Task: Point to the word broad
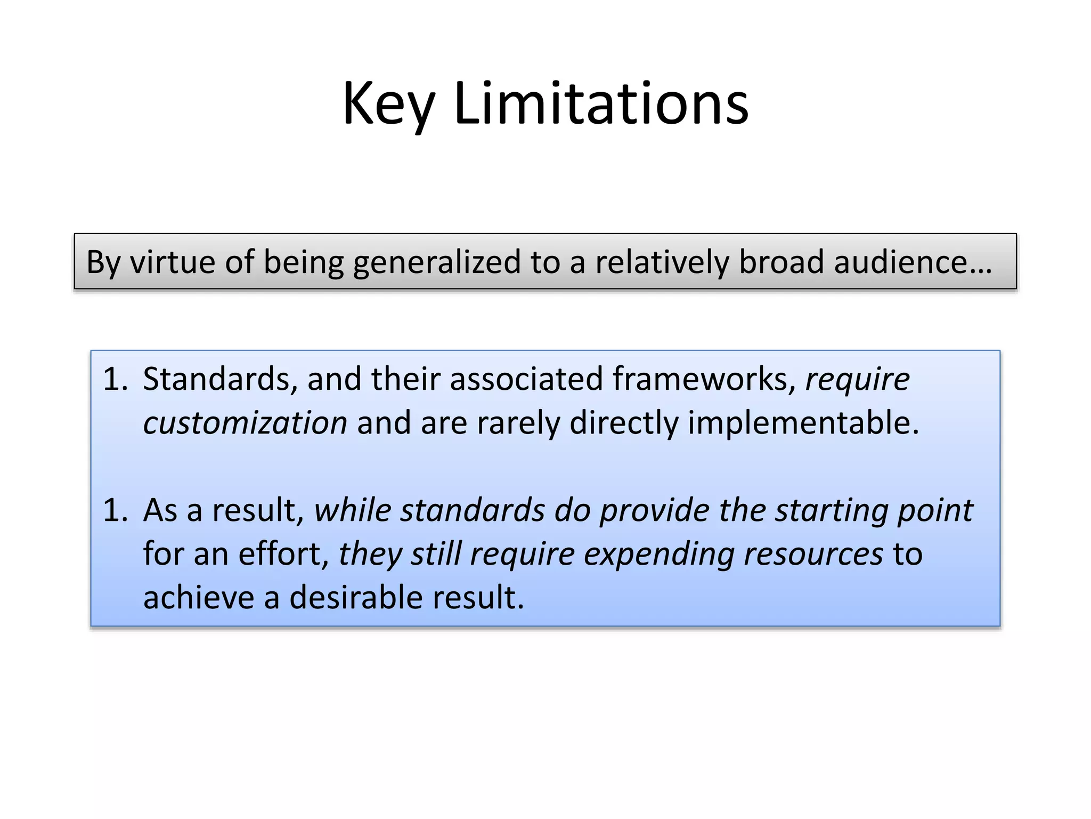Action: click(x=781, y=262)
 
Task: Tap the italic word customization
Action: click(x=246, y=423)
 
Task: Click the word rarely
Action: click(x=518, y=423)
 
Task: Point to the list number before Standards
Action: click(x=115, y=380)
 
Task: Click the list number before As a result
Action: click(x=115, y=510)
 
